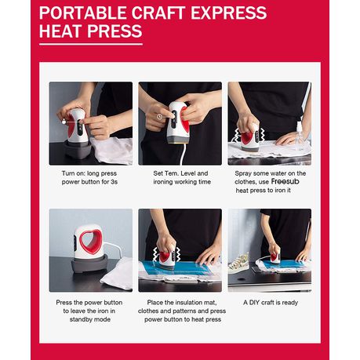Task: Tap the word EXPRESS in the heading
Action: [x=228, y=13]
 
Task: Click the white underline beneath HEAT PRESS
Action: [x=91, y=44]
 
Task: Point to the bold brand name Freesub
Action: [x=285, y=181]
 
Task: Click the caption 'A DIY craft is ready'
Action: [x=271, y=303]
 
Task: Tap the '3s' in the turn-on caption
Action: [x=114, y=182]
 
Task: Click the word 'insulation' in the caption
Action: [x=187, y=303]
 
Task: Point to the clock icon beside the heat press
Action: [x=159, y=117]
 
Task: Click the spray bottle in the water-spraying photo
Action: [x=300, y=136]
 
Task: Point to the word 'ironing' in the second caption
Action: [x=163, y=182]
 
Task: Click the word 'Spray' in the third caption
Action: [x=242, y=173]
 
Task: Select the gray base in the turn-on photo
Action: [x=78, y=150]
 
